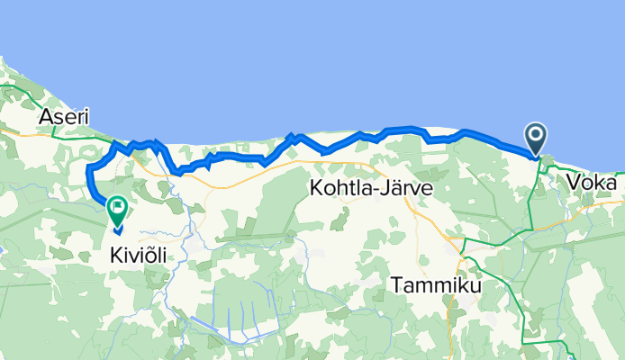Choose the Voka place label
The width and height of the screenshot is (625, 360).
click(593, 183)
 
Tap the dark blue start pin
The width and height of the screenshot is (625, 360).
click(535, 139)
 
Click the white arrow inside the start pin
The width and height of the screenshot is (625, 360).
click(535, 135)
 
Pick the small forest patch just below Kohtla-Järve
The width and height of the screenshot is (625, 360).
click(343, 217)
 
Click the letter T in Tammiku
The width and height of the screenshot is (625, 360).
click(397, 285)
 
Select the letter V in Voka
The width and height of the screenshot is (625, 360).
click(575, 183)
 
